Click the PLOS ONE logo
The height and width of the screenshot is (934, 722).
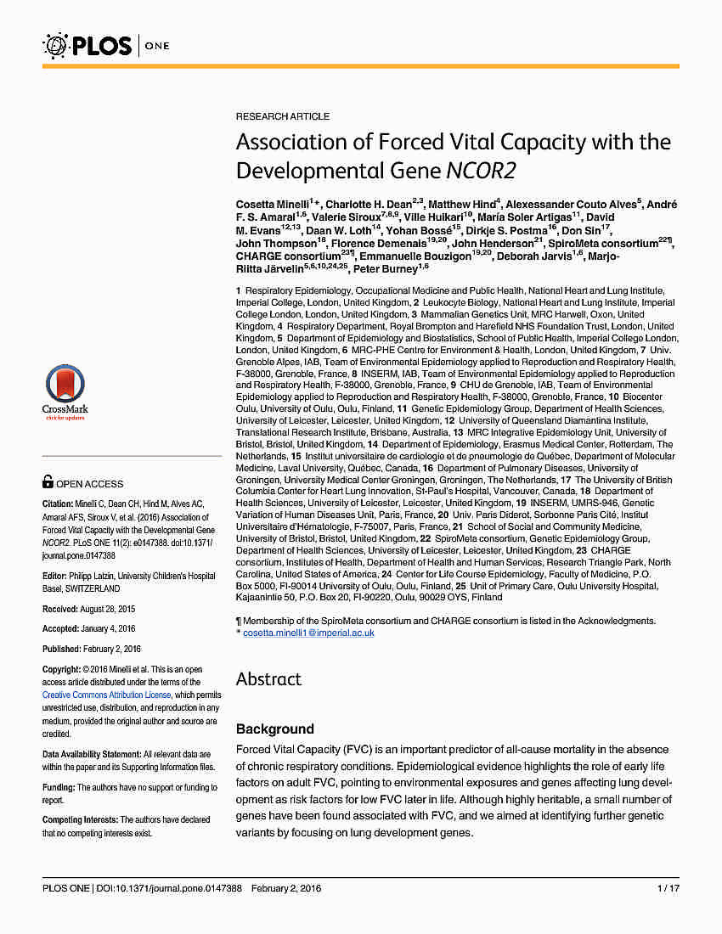(x=106, y=45)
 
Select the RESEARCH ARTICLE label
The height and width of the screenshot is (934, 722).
(x=283, y=116)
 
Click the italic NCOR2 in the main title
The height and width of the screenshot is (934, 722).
(x=480, y=171)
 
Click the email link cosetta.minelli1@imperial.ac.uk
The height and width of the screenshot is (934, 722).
(x=308, y=633)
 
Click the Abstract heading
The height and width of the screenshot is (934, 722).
(x=268, y=679)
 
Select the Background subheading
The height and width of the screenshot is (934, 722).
(x=275, y=729)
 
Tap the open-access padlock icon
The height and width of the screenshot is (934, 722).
(x=48, y=482)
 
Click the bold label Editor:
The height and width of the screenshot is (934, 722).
(x=56, y=576)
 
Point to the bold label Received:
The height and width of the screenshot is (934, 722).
(x=63, y=610)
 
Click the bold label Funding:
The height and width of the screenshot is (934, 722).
(x=59, y=787)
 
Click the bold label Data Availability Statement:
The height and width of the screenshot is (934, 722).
(x=92, y=754)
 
